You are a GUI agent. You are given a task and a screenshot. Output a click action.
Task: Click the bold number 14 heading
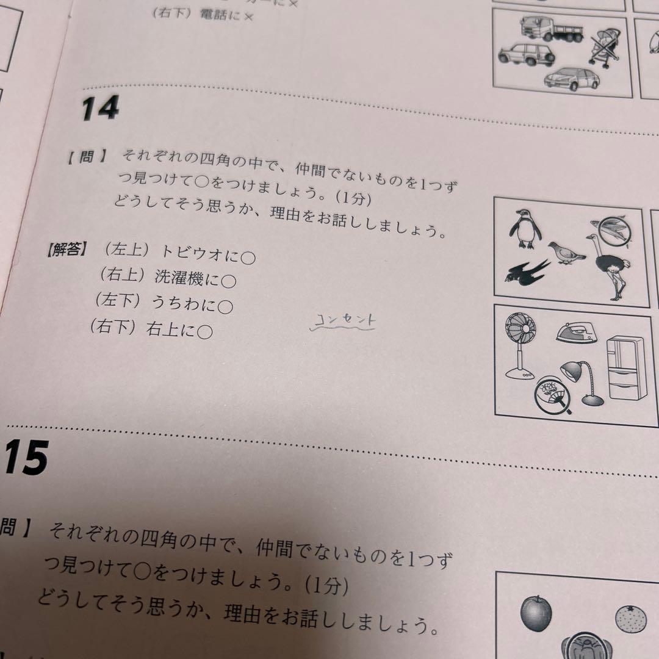tap(100, 109)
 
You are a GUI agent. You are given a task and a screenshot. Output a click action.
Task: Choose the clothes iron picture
tap(575, 333)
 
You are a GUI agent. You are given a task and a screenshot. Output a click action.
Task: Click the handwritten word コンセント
tap(345, 320)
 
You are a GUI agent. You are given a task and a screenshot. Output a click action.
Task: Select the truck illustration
tap(553, 27)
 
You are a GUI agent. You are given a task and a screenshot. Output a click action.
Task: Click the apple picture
tap(536, 613)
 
